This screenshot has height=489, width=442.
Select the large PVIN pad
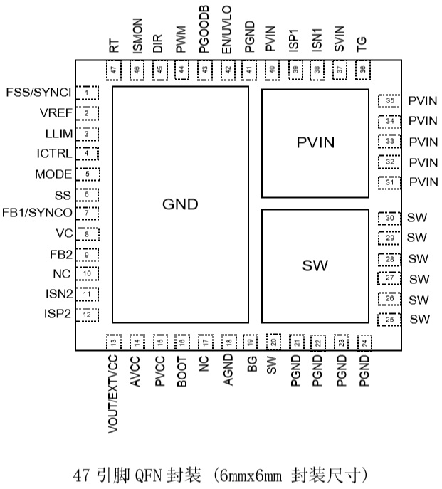[315, 143]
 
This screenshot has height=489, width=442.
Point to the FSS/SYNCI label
[38, 93]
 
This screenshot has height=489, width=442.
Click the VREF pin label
[56, 113]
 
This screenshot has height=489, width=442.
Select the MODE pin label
[53, 174]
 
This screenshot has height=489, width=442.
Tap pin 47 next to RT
[115, 70]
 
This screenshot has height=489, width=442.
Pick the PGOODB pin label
[204, 31]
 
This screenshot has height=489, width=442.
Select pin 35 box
[389, 101]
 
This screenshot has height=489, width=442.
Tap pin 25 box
[389, 320]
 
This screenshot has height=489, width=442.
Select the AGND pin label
[227, 372]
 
